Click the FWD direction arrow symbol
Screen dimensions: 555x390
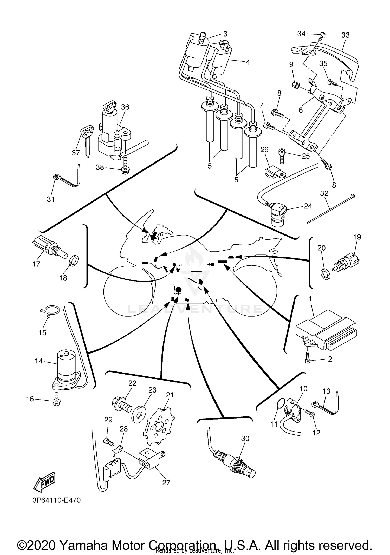pyautogui.click(x=44, y=481)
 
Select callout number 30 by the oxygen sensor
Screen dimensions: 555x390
pyautogui.click(x=245, y=438)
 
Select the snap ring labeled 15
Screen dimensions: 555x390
pyautogui.click(x=49, y=311)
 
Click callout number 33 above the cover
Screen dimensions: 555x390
pyautogui.click(x=345, y=35)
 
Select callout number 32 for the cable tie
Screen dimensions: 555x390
pyautogui.click(x=324, y=193)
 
